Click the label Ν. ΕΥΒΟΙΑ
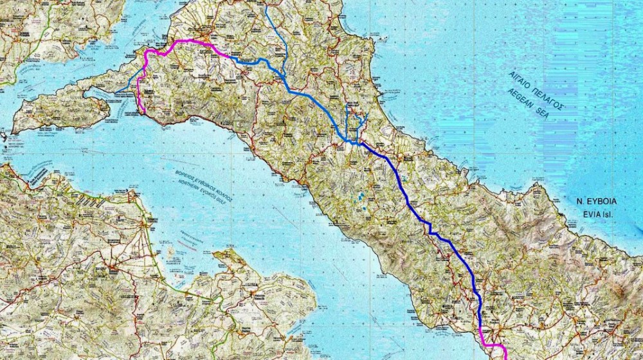pos(597,201)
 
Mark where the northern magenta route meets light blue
pos(230,57)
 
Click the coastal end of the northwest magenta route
pos(144,113)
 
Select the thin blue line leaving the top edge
pos(266,8)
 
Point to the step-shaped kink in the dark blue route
pos(430,230)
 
